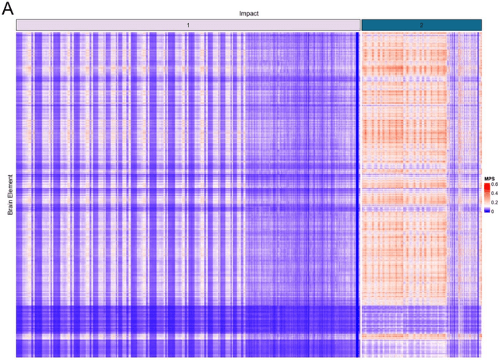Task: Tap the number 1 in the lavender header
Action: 188,26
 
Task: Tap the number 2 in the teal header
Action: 421,26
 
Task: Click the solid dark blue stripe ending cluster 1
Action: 357,194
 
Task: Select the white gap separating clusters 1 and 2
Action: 361,194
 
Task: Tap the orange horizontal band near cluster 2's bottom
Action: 420,335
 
